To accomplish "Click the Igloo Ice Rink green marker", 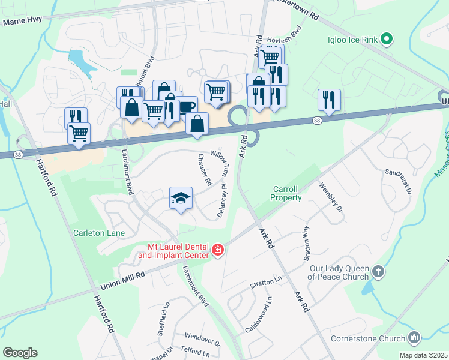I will tap(387, 40).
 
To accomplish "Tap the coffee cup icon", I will tap(186, 106).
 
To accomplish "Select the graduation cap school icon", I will tap(181, 197).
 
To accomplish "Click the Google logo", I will tap(20, 353).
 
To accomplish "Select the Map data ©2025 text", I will tap(423, 355).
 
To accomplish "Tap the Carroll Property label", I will tap(286, 193).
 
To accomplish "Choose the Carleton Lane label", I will tap(99, 232).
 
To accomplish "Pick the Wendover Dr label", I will tap(203, 339).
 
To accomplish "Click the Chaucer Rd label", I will tap(205, 169).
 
